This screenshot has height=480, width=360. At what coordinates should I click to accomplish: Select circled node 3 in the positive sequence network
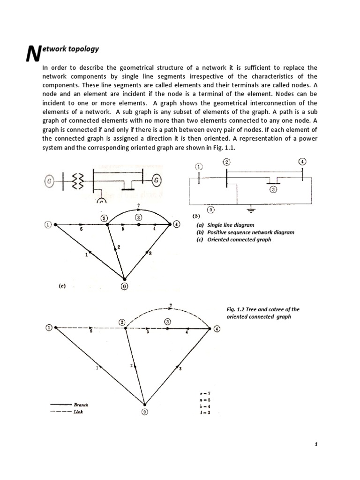point(273,189)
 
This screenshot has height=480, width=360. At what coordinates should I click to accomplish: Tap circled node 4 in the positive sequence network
point(302,162)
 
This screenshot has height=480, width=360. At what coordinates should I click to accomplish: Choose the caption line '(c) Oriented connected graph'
point(234,240)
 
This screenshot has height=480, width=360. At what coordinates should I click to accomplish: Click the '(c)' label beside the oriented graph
point(62,284)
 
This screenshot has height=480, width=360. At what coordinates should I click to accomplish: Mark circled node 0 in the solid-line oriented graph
point(124,287)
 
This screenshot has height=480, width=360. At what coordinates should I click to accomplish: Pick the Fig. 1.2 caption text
point(262,313)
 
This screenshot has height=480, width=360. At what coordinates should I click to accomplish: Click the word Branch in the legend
point(81,404)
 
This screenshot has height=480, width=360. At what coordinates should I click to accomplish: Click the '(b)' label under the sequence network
point(197,216)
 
